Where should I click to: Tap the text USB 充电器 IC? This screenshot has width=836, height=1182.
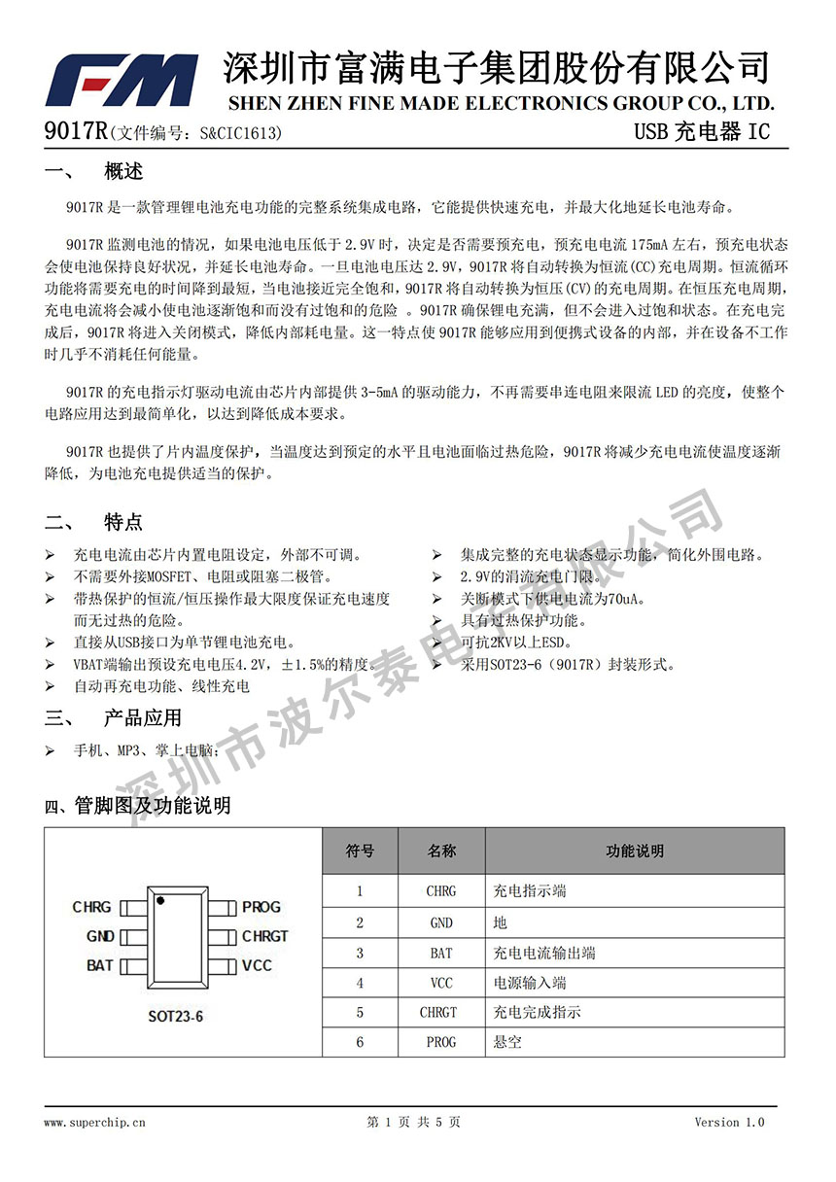[x=701, y=132]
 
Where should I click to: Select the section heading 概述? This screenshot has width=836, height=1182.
[x=123, y=172]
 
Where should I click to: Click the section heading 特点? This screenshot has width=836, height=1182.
[x=123, y=522]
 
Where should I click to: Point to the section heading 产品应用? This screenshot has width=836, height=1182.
[x=143, y=718]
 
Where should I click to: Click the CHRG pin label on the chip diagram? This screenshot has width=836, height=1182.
[x=91, y=907]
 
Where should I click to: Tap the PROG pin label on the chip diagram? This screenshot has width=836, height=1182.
[x=261, y=907]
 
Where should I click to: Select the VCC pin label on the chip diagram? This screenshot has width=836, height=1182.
[x=257, y=965]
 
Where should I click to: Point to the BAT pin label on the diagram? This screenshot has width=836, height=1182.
[x=99, y=965]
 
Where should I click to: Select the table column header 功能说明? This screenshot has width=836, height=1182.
[x=635, y=851]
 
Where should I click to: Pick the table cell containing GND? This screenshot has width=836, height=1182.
[x=440, y=922]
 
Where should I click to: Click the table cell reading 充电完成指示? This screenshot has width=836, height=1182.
[x=538, y=1012]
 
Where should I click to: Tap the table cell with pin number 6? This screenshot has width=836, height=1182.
[x=360, y=1042]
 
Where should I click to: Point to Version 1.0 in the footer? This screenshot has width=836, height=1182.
[x=729, y=1122]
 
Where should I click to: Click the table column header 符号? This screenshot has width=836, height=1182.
[x=360, y=851]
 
